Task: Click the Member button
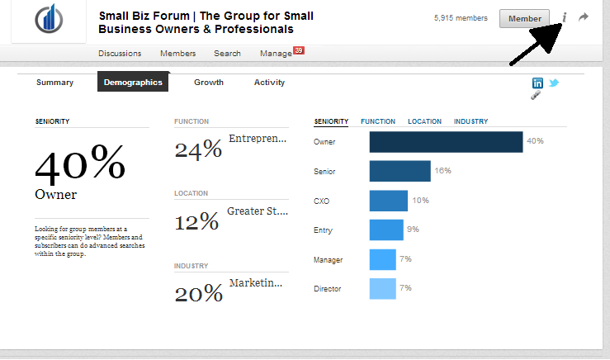(x=524, y=18)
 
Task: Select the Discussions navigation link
(x=120, y=54)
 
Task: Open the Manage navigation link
(x=276, y=54)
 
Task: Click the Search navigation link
(x=227, y=54)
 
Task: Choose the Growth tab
(x=209, y=83)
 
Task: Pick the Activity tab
(x=269, y=83)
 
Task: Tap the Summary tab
(x=55, y=83)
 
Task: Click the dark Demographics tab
(x=133, y=83)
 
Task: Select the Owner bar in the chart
(x=446, y=142)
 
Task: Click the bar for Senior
(x=400, y=171)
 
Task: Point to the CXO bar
(x=388, y=201)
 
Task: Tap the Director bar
(x=382, y=289)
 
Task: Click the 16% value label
(x=442, y=171)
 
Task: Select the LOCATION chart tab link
(x=424, y=121)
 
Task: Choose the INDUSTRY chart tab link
(x=471, y=121)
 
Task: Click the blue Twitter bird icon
(x=554, y=83)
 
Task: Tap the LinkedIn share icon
(x=538, y=83)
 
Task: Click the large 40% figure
(x=80, y=163)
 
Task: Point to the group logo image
(x=48, y=21)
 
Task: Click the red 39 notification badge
(x=299, y=50)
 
